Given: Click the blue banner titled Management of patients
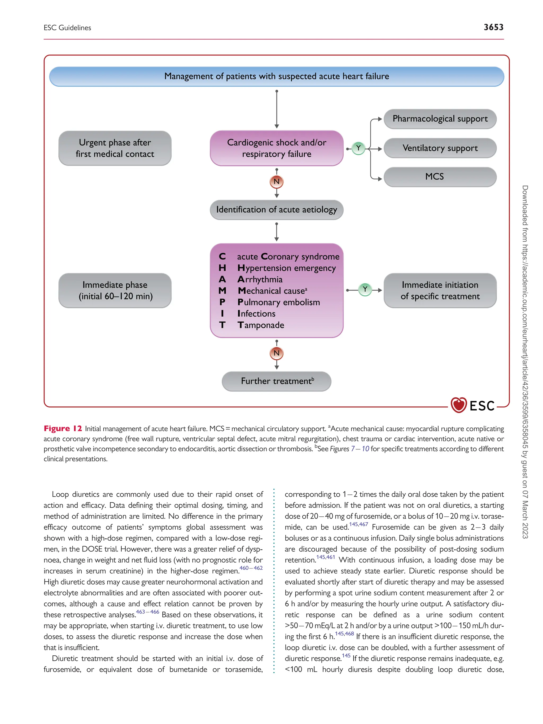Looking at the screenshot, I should click(277, 77).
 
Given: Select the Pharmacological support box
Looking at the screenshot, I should click(440, 119).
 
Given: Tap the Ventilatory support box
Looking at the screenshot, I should click(440, 148).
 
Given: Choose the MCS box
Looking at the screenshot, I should click(440, 177).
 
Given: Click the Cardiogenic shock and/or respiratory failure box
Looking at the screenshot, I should click(277, 148).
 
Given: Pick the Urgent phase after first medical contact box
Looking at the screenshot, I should click(115, 148).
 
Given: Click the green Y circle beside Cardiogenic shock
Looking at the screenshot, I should click(358, 148).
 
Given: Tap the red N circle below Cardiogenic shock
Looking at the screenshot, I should click(277, 182).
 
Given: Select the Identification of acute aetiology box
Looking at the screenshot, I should click(277, 210).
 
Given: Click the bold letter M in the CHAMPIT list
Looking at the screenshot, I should click(222, 291).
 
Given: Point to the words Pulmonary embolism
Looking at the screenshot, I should click(279, 302).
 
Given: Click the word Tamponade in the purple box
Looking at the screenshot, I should click(261, 325).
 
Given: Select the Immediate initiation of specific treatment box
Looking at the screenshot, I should click(440, 291).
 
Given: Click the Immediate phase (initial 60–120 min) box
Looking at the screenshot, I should click(115, 291).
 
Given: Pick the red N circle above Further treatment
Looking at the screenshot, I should click(277, 353).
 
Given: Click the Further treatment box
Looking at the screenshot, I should click(277, 381).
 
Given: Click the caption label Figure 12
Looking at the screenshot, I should click(63, 429).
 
